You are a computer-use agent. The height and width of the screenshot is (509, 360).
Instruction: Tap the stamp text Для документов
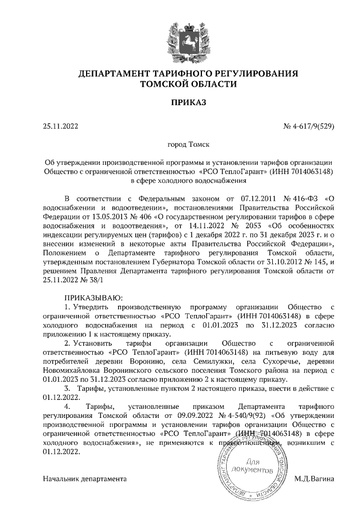[260, 465]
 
